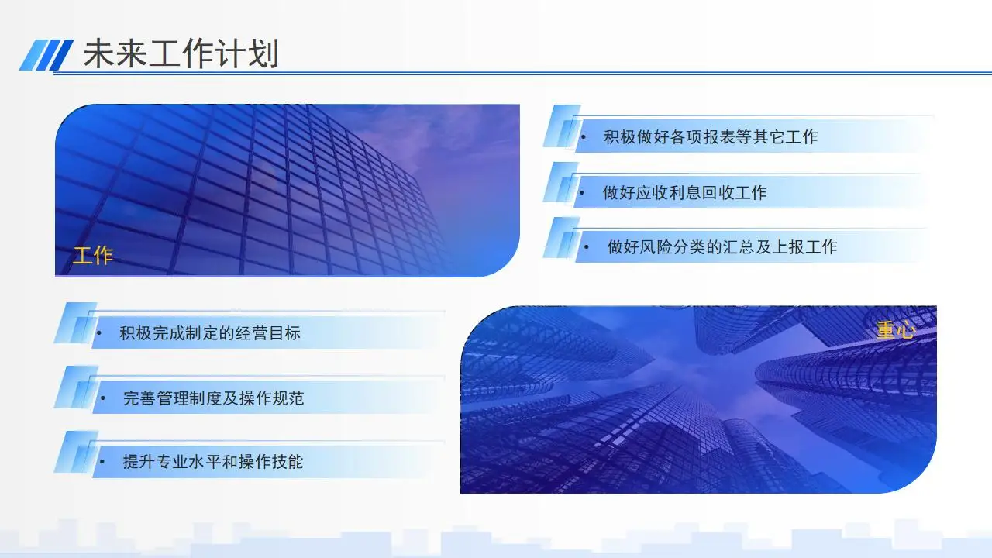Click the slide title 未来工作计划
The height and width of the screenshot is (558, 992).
pyautogui.click(x=181, y=53)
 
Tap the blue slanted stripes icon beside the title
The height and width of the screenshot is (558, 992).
pyautogui.click(x=46, y=54)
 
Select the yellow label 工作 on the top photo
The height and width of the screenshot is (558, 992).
pyautogui.click(x=93, y=256)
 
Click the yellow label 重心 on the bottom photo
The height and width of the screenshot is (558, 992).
pyautogui.click(x=895, y=330)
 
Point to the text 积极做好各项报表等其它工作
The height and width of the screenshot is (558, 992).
pyautogui.click(x=711, y=137)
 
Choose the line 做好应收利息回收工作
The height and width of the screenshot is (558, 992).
pyautogui.click(x=684, y=193)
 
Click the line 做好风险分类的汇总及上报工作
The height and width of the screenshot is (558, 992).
pyautogui.click(x=722, y=247)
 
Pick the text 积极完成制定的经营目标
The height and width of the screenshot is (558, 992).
pyautogui.click(x=210, y=333)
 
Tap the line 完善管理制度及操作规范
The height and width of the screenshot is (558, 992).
pyautogui.click(x=213, y=398)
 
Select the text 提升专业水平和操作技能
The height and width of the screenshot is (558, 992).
pyautogui.click(x=213, y=462)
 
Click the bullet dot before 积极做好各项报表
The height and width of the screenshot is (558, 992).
pyautogui.click(x=584, y=137)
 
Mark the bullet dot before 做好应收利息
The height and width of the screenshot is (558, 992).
pyautogui.click(x=582, y=193)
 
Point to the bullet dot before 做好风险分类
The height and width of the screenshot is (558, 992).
pyautogui.click(x=587, y=247)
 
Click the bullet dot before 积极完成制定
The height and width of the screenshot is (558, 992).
pyautogui.click(x=99, y=333)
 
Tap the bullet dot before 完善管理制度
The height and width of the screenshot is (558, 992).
pyautogui.click(x=103, y=398)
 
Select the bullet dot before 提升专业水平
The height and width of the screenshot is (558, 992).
pyautogui.click(x=102, y=463)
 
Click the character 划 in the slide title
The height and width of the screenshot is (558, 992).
pyautogui.click(x=263, y=53)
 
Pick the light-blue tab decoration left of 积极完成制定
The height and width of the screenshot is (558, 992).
pyautogui.click(x=75, y=323)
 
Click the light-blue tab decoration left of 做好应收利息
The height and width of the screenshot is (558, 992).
pyautogui.click(x=561, y=182)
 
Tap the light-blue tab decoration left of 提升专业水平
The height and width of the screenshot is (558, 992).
pyautogui.click(x=76, y=451)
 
